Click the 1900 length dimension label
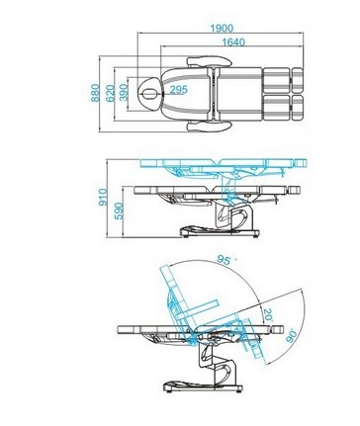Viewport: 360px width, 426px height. pyautogui.click(x=222, y=29)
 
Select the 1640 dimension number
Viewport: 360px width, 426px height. pyautogui.click(x=233, y=43)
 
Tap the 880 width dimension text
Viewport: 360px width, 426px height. pyautogui.click(x=95, y=93)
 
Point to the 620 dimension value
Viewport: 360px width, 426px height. pyautogui.click(x=111, y=93)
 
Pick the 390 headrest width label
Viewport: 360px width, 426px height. pyautogui.click(x=124, y=93)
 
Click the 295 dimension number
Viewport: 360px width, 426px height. pyautogui.click(x=178, y=89)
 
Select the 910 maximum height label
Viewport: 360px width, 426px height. pyautogui.click(x=103, y=197)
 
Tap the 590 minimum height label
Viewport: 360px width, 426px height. pyautogui.click(x=119, y=212)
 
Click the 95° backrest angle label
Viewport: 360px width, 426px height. pyautogui.click(x=225, y=260)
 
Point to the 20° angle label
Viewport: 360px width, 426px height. pyautogui.click(x=268, y=315)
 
